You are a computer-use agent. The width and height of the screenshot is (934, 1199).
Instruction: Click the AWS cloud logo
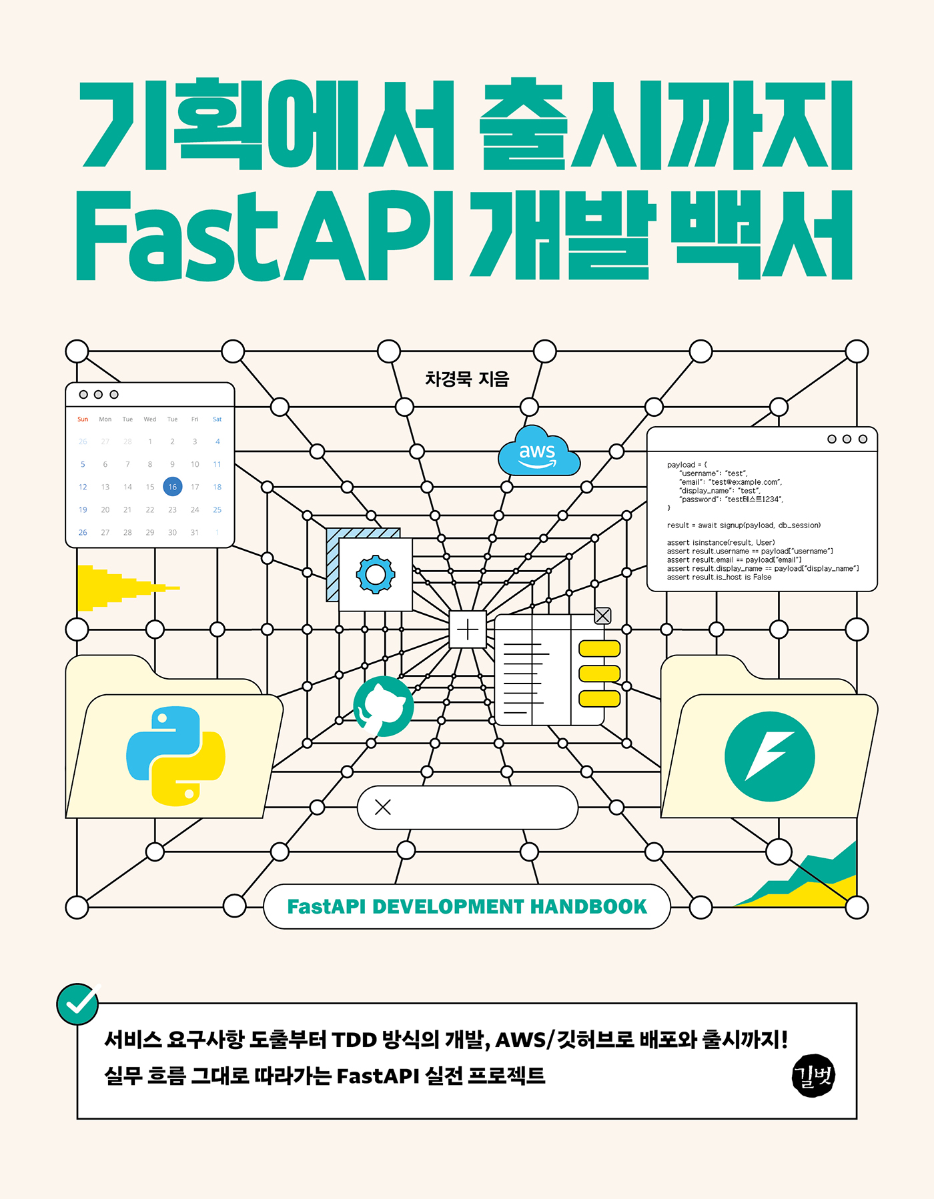[538, 453]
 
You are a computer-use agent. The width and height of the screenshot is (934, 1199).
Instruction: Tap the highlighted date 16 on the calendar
[172, 487]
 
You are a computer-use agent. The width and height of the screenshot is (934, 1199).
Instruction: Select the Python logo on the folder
[175, 756]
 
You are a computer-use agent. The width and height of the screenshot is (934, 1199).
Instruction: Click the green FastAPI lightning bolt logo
[769, 756]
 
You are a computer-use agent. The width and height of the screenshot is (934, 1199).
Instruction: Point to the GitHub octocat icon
[383, 707]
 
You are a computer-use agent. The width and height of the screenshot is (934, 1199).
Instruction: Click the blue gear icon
[376, 574]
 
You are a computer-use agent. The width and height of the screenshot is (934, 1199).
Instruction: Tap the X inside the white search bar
[383, 808]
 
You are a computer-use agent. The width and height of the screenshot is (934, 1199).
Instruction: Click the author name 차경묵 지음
[467, 379]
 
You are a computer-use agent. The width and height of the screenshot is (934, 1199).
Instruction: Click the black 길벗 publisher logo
[813, 1076]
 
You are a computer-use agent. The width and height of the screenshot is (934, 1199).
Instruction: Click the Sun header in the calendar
[83, 419]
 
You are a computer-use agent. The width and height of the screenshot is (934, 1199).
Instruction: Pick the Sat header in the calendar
[217, 419]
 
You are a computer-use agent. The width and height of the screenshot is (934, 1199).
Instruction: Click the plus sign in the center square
[468, 630]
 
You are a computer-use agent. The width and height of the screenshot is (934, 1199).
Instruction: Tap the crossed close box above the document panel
[602, 616]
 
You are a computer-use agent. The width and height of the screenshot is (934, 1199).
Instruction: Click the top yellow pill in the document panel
[599, 649]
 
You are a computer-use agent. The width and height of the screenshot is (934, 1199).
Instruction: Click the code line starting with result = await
[743, 525]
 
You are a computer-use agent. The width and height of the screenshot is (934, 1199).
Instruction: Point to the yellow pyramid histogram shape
[113, 587]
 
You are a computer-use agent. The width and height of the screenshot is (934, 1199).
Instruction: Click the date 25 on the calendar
[217, 509]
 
